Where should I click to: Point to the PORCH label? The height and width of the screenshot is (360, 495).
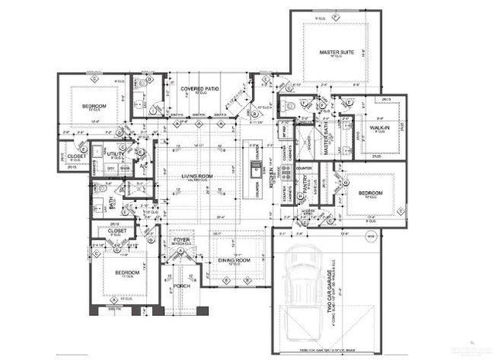181,285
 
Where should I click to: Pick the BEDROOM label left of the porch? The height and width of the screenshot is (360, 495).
126,273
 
